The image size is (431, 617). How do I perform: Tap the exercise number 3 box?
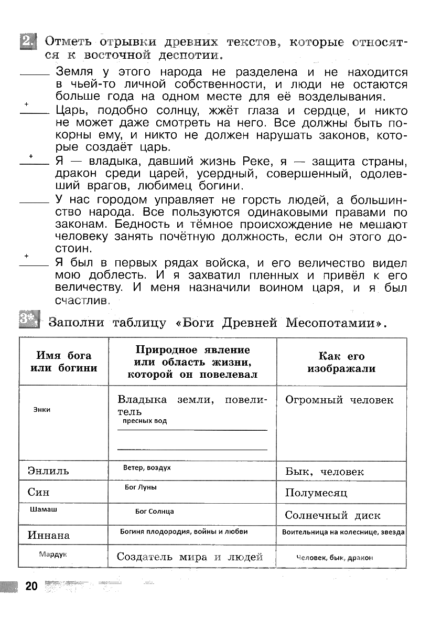click(29, 320)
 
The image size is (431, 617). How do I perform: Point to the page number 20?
click(31, 586)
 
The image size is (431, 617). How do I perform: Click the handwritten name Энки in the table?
click(41, 409)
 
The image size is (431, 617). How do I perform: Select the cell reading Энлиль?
click(48, 471)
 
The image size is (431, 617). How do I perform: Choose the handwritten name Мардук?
click(53, 554)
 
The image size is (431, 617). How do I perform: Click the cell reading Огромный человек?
click(339, 400)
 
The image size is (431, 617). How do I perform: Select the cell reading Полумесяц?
click(316, 493)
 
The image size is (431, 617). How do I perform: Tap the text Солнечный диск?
click(332, 515)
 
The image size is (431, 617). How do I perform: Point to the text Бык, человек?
click(324, 472)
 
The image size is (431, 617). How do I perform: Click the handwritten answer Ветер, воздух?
click(147, 467)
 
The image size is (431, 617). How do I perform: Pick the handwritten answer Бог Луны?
click(141, 487)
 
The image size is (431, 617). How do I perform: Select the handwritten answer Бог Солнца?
click(154, 511)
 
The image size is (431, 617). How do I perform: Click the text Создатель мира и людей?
click(189, 557)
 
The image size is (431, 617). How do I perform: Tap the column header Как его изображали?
click(341, 362)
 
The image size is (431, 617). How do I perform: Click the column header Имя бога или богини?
click(63, 362)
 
